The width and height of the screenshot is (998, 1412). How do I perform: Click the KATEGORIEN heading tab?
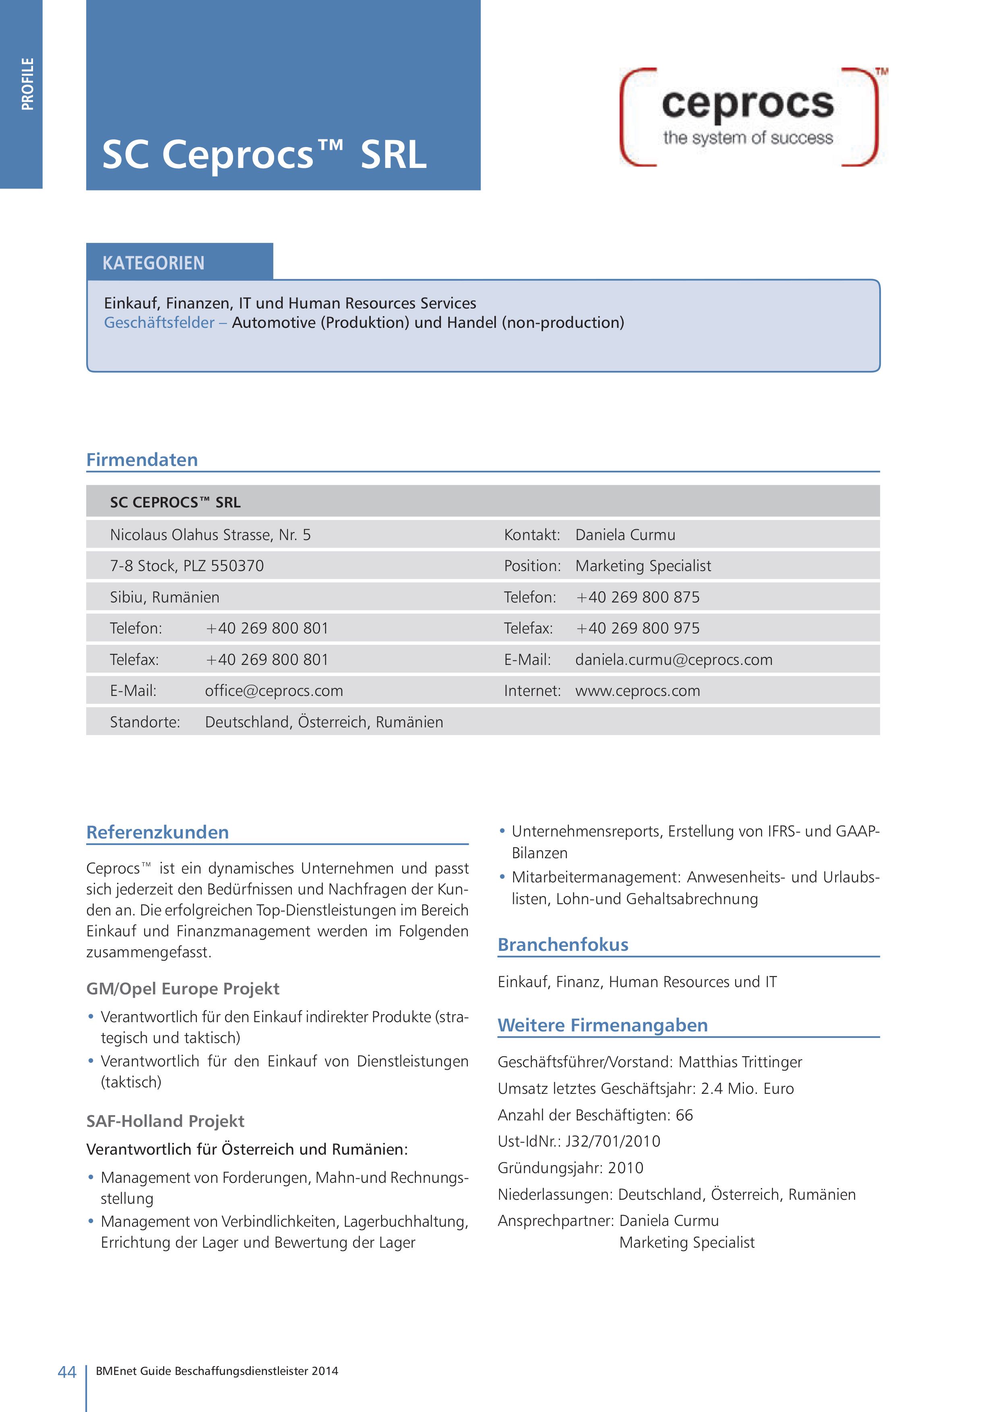(154, 263)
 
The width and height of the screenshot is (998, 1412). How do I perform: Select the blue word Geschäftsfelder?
(159, 323)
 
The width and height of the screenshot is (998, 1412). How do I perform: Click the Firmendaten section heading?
(142, 460)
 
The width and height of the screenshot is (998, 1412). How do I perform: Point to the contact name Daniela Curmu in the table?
(625, 535)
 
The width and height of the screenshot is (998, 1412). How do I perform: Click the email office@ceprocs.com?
(274, 691)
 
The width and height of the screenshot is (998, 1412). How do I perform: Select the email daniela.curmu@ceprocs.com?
(674, 660)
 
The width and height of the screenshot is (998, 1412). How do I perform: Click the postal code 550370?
(238, 566)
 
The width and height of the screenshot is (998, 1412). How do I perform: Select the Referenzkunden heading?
(157, 833)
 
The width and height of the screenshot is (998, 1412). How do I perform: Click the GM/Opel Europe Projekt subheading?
(183, 989)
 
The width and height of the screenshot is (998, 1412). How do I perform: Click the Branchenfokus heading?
(563, 944)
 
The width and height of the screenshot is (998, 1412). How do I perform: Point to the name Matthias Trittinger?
(740, 1062)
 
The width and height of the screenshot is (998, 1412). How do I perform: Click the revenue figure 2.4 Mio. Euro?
(747, 1089)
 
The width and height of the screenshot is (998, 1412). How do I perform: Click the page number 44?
(66, 1372)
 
